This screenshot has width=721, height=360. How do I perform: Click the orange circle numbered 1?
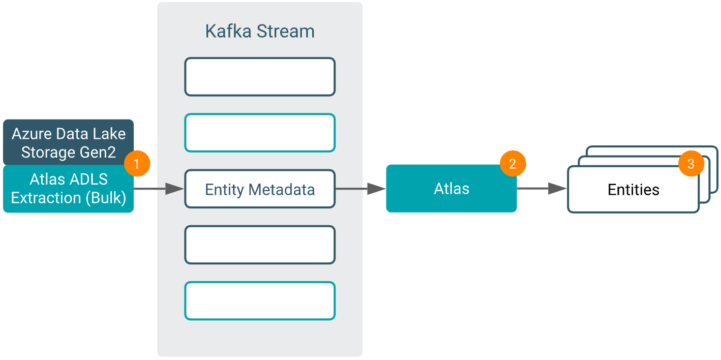point(136,164)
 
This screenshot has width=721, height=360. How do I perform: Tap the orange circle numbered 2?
point(513,164)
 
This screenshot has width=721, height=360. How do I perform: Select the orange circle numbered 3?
point(690,164)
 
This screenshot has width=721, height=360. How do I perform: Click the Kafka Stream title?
point(260,32)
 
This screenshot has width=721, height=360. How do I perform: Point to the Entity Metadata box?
point(260,189)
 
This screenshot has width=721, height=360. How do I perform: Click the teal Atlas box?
point(451,189)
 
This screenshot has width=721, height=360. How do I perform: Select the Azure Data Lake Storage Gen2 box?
point(68,142)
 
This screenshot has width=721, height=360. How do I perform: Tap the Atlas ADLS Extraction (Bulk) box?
point(68,189)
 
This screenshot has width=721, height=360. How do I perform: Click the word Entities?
point(634,190)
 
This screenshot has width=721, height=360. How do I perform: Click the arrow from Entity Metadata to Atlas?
point(360,189)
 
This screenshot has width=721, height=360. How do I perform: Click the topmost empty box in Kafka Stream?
point(260,77)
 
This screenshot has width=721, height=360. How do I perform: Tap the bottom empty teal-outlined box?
point(260,301)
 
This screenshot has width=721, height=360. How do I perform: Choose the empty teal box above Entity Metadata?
point(260,133)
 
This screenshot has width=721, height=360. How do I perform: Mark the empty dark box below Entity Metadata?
point(260,245)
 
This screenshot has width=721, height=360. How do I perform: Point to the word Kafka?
point(228,32)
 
